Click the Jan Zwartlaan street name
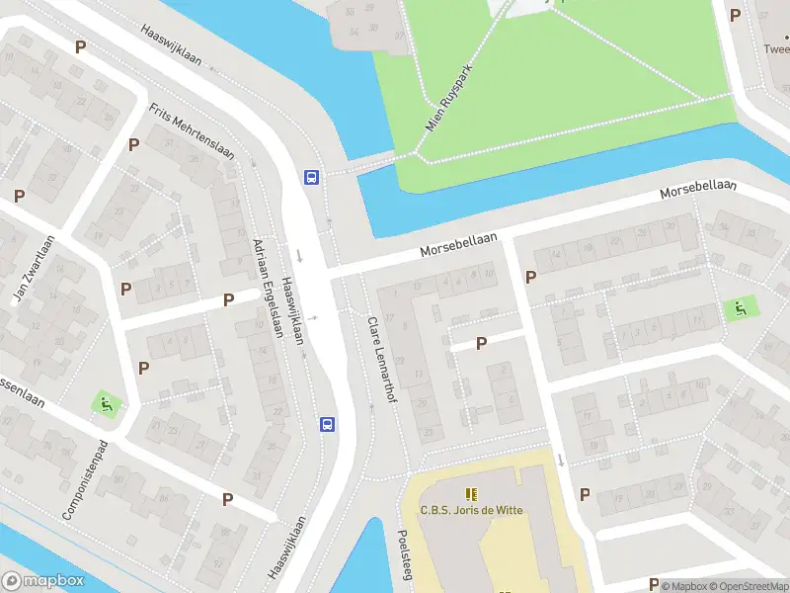(32, 270)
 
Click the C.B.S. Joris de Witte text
(471, 510)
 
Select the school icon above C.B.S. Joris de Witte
(471, 493)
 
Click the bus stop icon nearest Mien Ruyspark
(311, 178)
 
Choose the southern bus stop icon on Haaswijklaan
(327, 424)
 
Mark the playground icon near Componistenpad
(104, 403)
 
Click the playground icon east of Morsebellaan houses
(738, 308)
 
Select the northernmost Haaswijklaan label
(171, 45)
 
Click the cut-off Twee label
(776, 46)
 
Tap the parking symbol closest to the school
(584, 494)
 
